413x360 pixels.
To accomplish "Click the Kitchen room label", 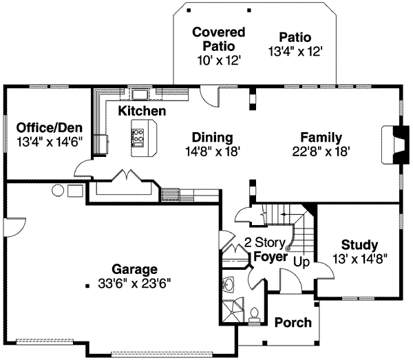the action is [142, 111].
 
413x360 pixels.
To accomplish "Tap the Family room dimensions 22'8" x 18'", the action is [321, 151].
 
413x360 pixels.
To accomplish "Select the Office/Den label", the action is [50, 128].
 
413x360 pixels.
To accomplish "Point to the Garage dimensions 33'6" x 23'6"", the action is [134, 284].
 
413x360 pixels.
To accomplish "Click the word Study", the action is [359, 245].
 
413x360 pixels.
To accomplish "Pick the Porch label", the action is [293, 322].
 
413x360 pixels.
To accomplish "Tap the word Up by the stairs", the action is [301, 262].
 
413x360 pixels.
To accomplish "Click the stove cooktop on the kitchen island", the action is [138, 138].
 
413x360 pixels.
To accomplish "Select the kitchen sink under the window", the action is [140, 94].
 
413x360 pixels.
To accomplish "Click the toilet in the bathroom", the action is [254, 315].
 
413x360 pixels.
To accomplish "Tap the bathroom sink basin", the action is [229, 284].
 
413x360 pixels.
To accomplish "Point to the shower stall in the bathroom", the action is [233, 310].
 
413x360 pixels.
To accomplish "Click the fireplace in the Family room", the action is [392, 145].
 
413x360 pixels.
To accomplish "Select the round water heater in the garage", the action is [58, 191].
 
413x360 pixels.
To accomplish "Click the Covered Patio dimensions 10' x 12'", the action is [219, 61].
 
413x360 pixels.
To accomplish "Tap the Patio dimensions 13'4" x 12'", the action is [295, 52].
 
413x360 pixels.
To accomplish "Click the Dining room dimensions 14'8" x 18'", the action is [213, 151].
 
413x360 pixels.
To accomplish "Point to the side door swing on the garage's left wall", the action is [14, 227].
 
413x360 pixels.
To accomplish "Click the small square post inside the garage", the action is [87, 286].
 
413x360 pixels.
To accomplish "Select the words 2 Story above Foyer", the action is [265, 242].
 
